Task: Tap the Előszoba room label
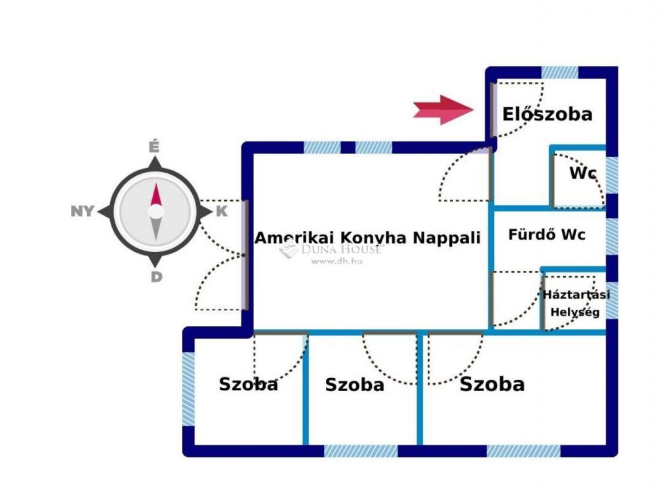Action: click(x=547, y=114)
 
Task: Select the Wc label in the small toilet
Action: click(x=582, y=174)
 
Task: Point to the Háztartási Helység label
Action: click(x=576, y=303)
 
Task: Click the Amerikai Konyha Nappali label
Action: click(x=367, y=238)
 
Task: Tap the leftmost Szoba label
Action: click(x=248, y=384)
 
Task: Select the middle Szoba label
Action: click(x=354, y=385)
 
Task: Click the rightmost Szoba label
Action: click(x=492, y=384)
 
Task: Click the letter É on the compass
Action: click(x=155, y=146)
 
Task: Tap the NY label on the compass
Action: click(x=83, y=211)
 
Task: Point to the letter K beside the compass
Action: click(x=222, y=211)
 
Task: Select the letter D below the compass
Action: click(x=156, y=277)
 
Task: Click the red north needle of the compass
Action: click(x=155, y=195)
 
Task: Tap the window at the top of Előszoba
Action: click(x=559, y=72)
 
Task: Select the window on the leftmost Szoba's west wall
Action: click(x=188, y=388)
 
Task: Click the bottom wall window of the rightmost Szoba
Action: click(x=523, y=451)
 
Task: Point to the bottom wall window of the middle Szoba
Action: click(x=361, y=451)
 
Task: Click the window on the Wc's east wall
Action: click(x=611, y=175)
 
